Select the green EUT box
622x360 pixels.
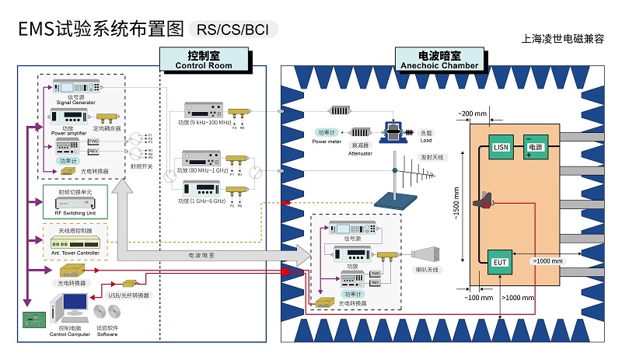coord(499,263)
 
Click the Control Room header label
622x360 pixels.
coord(204,60)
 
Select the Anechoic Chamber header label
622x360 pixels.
coord(439,60)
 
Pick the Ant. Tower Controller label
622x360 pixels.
coord(75,253)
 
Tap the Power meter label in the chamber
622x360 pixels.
coord(327,141)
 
